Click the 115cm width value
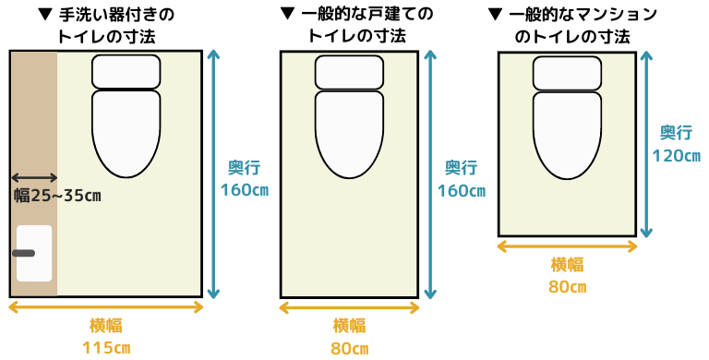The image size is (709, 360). click(106, 348)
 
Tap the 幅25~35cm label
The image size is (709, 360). click(57, 195)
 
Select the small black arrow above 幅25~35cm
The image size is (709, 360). click(34, 177)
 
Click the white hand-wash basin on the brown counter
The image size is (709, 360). click(34, 253)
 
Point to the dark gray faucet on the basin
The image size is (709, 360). click(23, 253)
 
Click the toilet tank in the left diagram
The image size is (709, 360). click(126, 71)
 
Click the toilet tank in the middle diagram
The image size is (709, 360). click(349, 72)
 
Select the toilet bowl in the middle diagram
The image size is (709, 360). click(349, 133)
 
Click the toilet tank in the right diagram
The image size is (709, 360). click(568, 72)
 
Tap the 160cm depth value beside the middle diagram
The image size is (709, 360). click(461, 191)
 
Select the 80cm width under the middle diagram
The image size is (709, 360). click(349, 349)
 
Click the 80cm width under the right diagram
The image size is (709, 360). click(567, 286)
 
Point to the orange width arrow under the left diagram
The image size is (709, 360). click(106, 307)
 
